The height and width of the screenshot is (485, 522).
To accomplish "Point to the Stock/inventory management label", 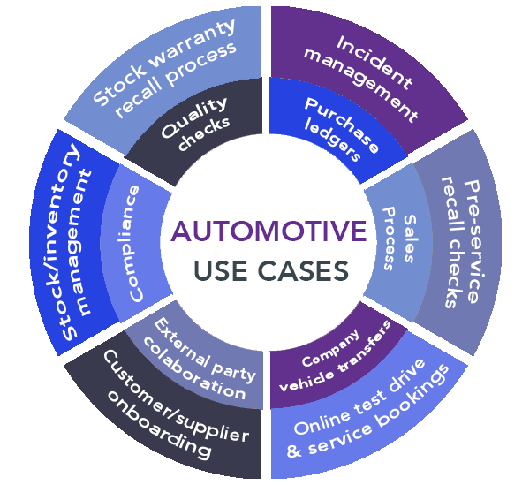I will (75, 252).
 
